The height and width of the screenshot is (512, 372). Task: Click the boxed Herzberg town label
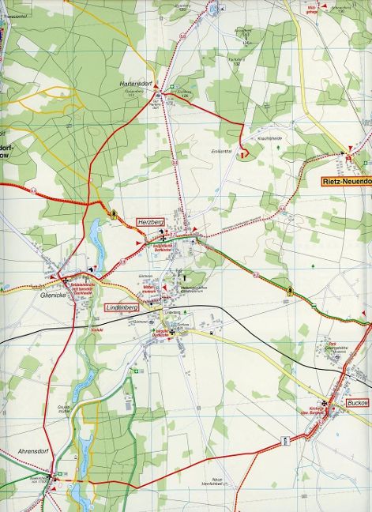[149, 224]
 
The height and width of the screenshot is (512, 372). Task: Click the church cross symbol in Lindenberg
[171, 333]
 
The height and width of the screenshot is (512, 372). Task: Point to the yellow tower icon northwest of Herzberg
[115, 213]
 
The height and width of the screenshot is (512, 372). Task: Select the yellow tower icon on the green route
[291, 290]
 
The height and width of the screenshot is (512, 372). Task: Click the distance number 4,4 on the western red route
[34, 190]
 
